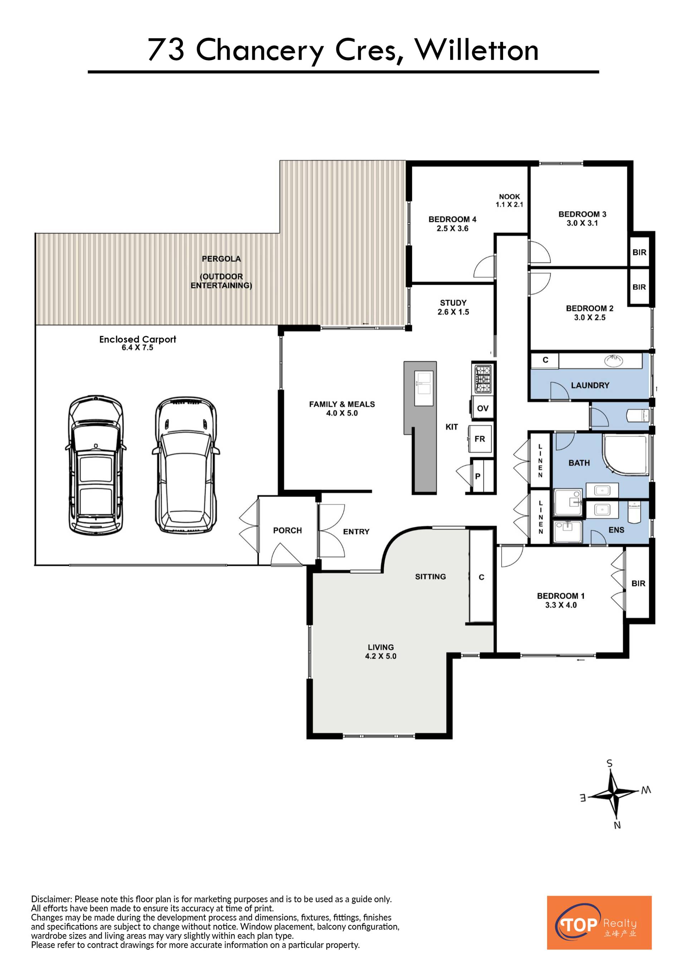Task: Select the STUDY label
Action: click(453, 303)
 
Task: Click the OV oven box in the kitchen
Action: click(483, 408)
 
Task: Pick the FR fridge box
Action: click(480, 439)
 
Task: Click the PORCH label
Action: click(287, 531)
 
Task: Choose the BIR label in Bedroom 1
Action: click(638, 583)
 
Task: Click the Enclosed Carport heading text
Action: click(137, 339)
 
